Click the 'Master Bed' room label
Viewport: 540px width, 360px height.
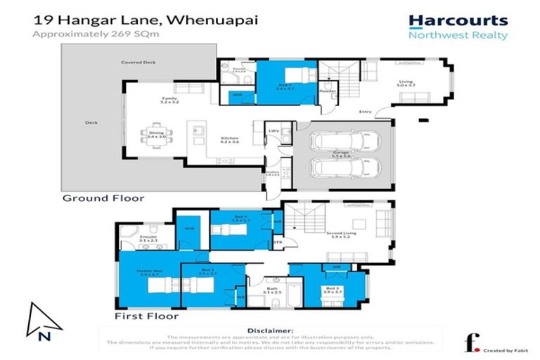coord(149,273)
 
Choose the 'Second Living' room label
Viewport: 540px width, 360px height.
coord(337,235)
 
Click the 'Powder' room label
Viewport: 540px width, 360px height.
coord(326,91)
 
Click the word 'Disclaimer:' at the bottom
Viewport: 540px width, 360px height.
coord(270,330)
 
